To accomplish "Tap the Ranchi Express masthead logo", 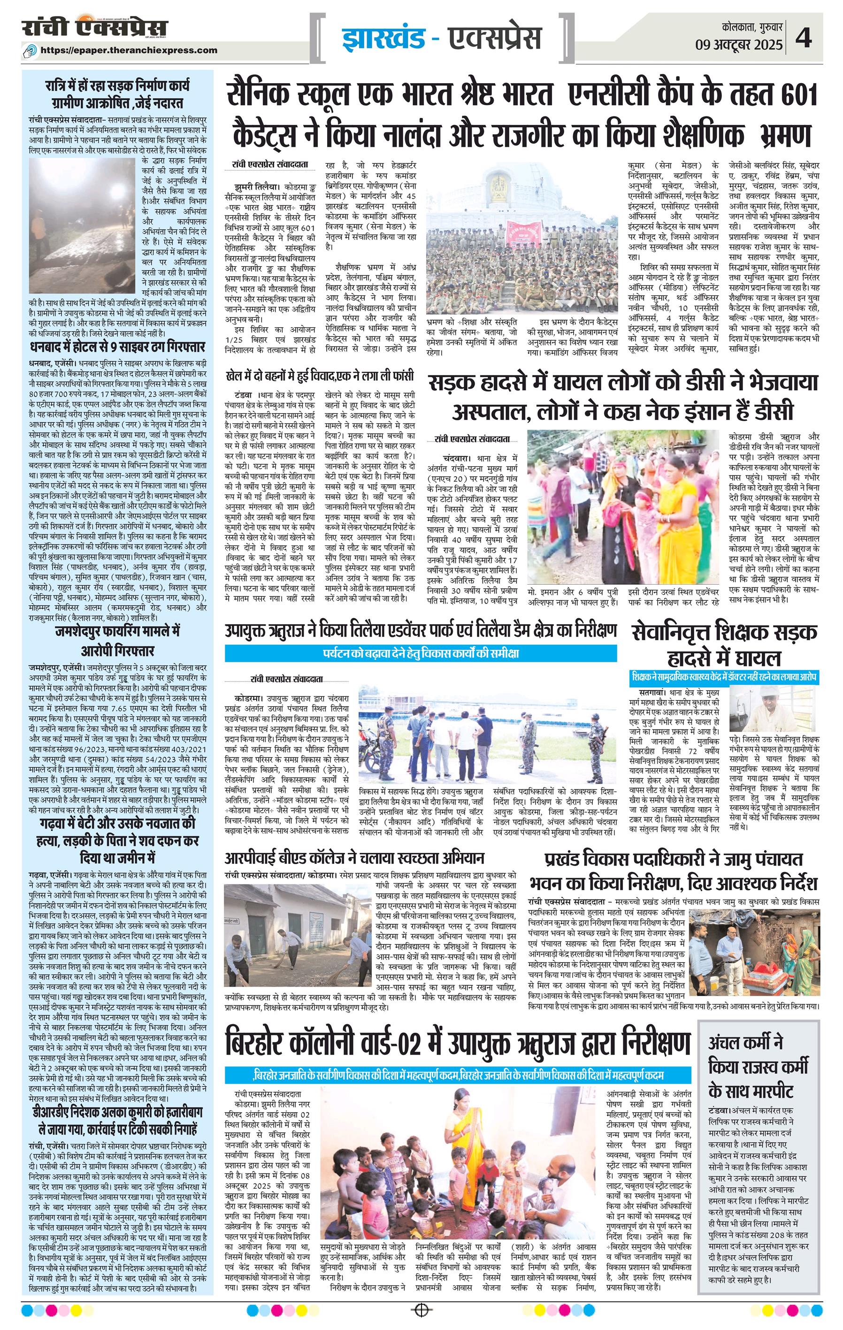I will [95, 28].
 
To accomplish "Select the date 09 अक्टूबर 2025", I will [739, 44].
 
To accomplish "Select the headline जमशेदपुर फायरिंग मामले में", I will [117, 631].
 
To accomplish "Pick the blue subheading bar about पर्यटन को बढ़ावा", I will [421, 653].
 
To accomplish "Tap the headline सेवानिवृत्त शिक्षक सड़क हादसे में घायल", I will [724, 645].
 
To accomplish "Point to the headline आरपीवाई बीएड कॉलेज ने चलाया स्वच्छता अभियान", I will [354, 858].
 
